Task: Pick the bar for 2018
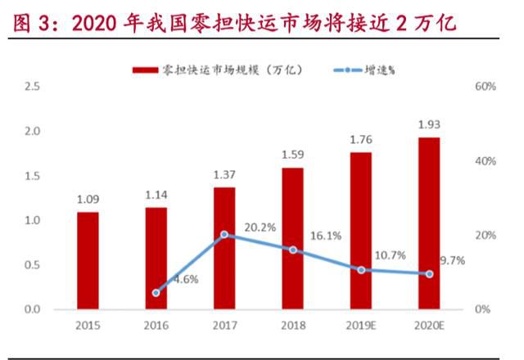point(293,238)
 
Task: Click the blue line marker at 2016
point(156,292)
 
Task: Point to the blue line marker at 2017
point(224,235)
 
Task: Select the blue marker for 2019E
point(361,270)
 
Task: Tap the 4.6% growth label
point(184,279)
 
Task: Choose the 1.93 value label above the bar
point(429,124)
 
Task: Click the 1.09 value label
point(88,198)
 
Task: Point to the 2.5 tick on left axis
point(33,87)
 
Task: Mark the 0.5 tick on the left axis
point(33,265)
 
